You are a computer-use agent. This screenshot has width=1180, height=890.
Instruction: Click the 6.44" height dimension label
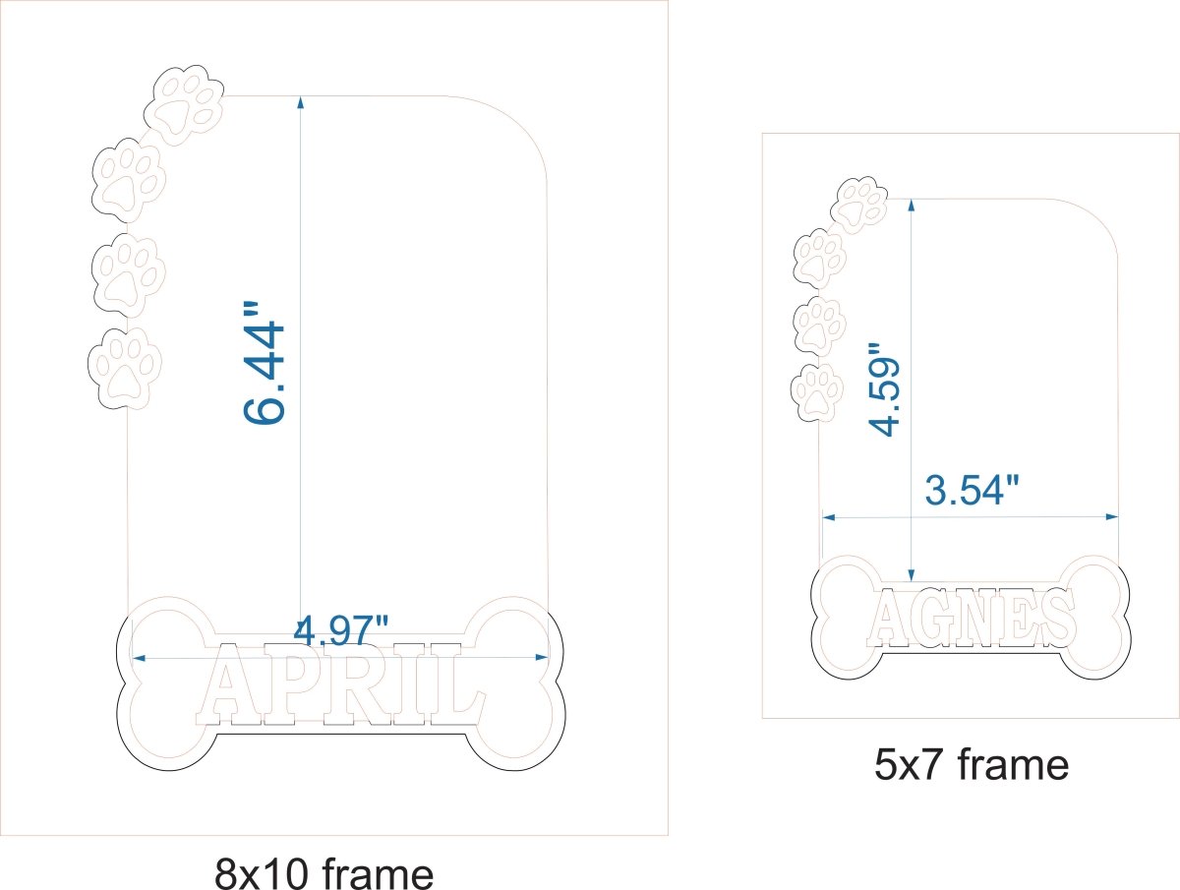click(264, 363)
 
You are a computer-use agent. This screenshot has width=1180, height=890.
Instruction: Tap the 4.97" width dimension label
click(341, 630)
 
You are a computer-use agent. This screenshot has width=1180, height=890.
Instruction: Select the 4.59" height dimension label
click(884, 388)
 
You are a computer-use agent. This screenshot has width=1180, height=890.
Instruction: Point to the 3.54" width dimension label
click(972, 490)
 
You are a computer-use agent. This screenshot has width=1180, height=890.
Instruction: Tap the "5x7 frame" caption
click(972, 764)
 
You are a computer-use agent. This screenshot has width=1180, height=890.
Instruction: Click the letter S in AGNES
click(1056, 617)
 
